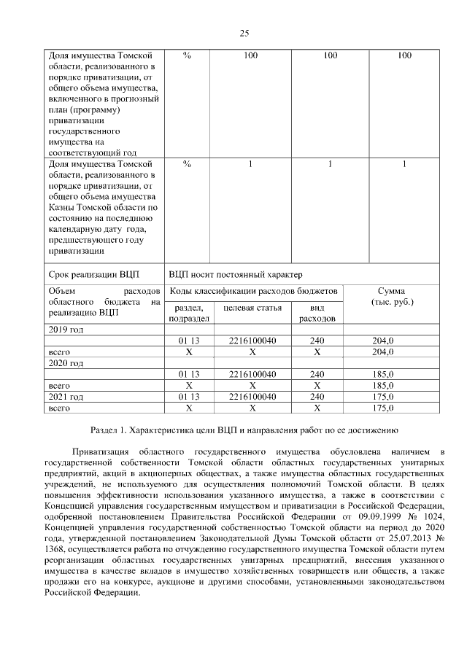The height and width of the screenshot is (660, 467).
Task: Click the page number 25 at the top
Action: (244, 33)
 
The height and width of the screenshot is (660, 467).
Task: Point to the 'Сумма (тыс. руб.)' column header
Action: (391, 296)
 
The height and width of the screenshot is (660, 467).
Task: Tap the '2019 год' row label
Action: (65, 330)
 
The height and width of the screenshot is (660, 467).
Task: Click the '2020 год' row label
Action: (65, 362)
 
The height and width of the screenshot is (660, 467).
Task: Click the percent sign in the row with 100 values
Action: (187, 55)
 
